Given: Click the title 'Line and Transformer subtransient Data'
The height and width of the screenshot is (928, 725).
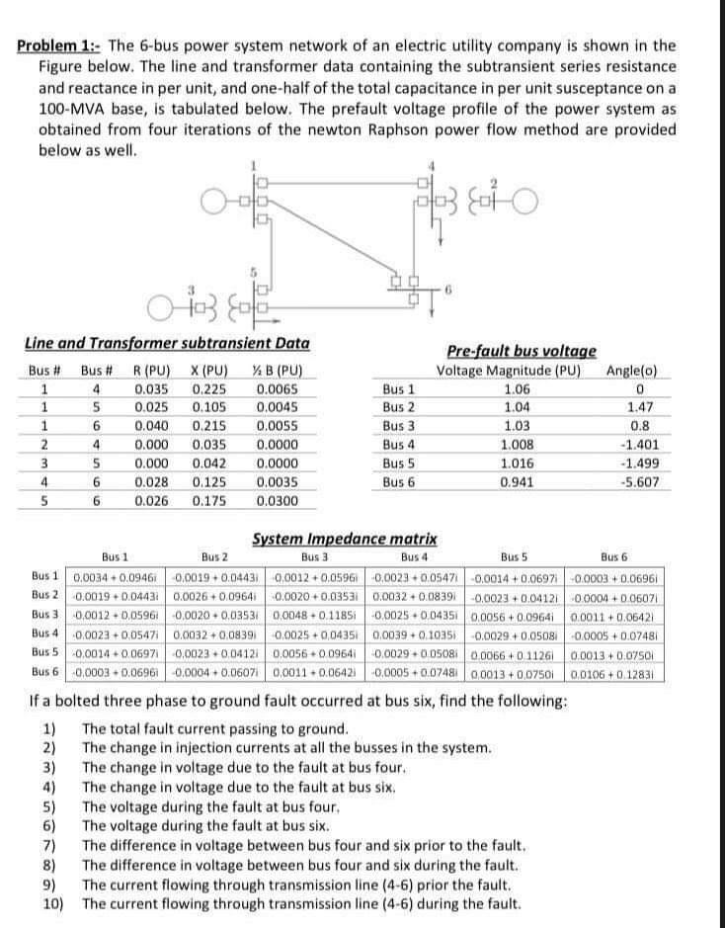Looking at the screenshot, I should pos(166,343).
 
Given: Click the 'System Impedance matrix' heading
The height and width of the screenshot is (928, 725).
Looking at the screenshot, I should pos(345,539).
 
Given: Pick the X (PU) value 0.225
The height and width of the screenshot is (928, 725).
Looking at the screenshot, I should pos(205,388).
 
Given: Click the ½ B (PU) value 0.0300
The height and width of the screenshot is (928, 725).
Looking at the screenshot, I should pos(274,501).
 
